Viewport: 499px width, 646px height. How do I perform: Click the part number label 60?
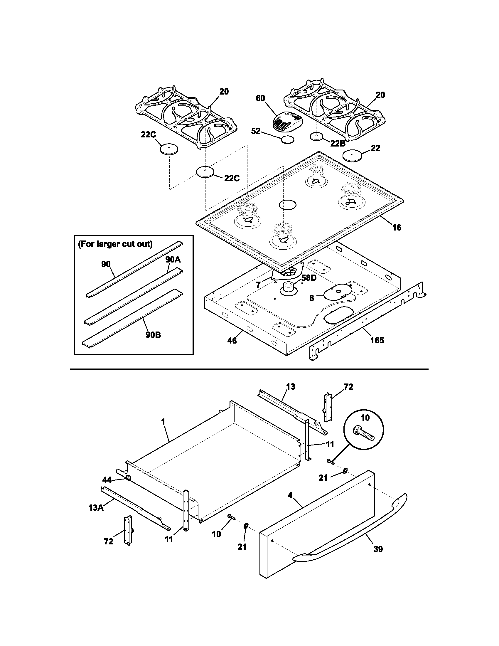click(x=260, y=98)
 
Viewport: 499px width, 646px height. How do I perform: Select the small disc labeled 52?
click(x=288, y=139)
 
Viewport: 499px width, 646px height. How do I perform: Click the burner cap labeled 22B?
click(x=316, y=136)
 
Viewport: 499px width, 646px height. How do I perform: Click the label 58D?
click(x=309, y=278)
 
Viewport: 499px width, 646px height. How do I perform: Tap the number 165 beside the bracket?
click(x=377, y=340)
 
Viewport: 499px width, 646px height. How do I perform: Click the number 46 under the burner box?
click(x=232, y=341)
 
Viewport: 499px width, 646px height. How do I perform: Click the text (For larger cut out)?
click(x=115, y=244)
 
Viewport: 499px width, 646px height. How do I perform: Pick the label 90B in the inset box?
click(x=153, y=335)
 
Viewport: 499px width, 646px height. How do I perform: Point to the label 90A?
click(x=173, y=259)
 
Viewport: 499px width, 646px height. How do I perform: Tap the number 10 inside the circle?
click(x=365, y=418)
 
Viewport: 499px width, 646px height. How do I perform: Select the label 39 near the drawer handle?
click(x=378, y=549)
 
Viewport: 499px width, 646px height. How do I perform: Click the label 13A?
click(x=96, y=508)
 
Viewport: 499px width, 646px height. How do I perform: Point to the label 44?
click(x=107, y=480)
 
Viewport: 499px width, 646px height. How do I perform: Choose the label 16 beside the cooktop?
click(x=397, y=228)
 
